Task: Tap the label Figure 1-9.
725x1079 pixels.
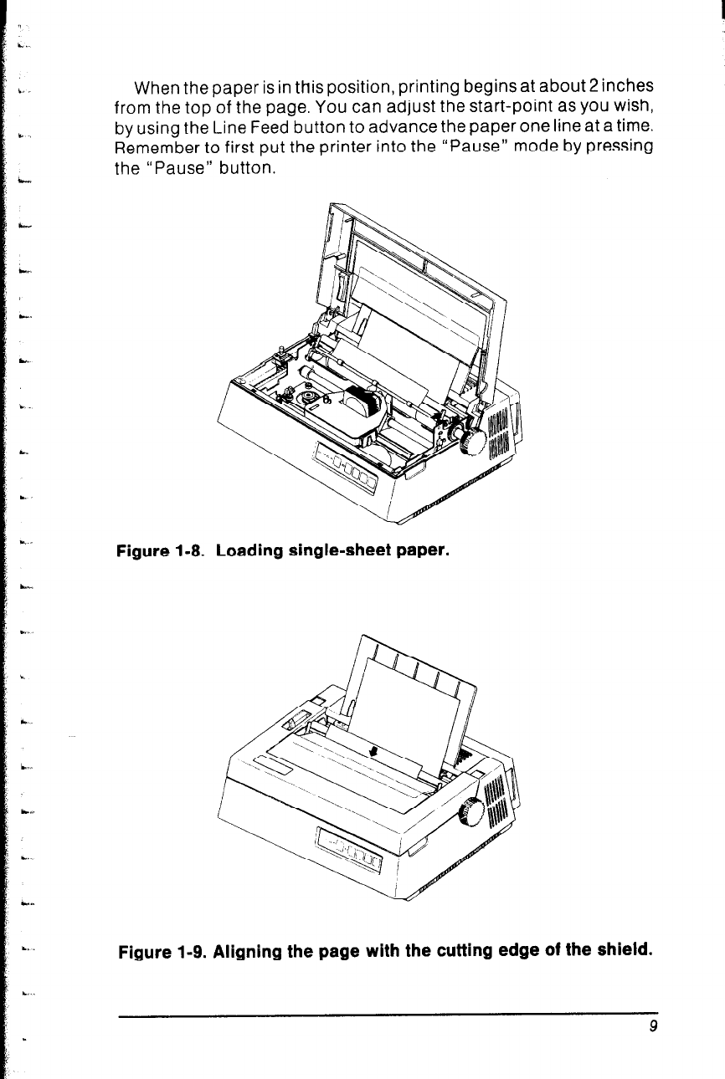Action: pyautogui.click(x=162, y=952)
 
